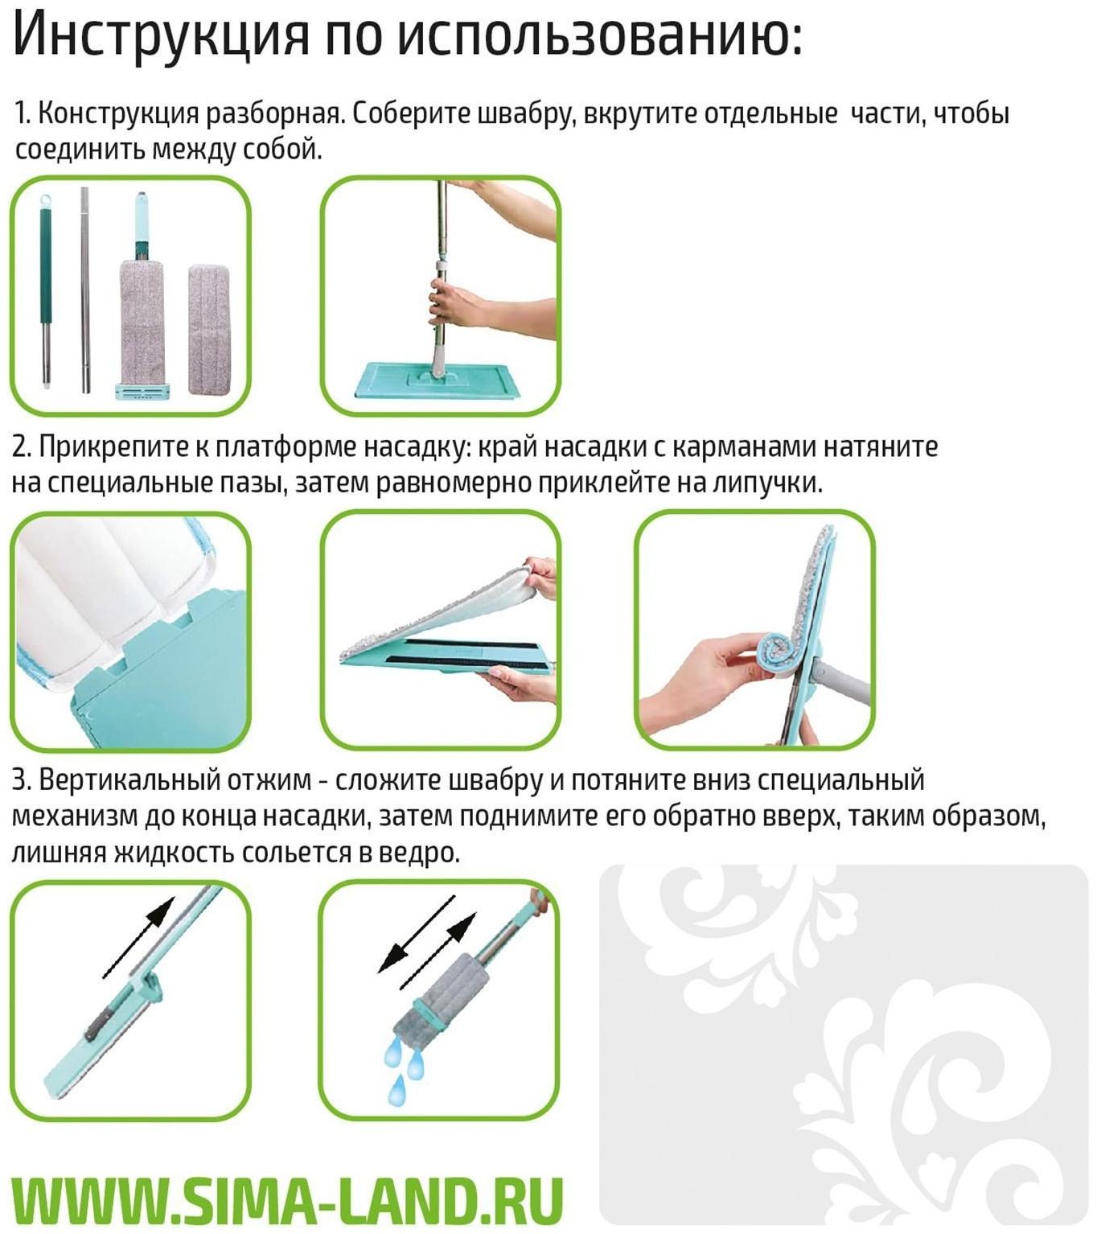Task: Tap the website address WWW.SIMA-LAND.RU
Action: [x=287, y=1201]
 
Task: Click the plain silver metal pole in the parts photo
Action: [x=84, y=290]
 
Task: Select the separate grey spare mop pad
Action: [x=212, y=330]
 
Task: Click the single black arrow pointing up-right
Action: [x=139, y=936]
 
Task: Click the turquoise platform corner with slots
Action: [x=161, y=668]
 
